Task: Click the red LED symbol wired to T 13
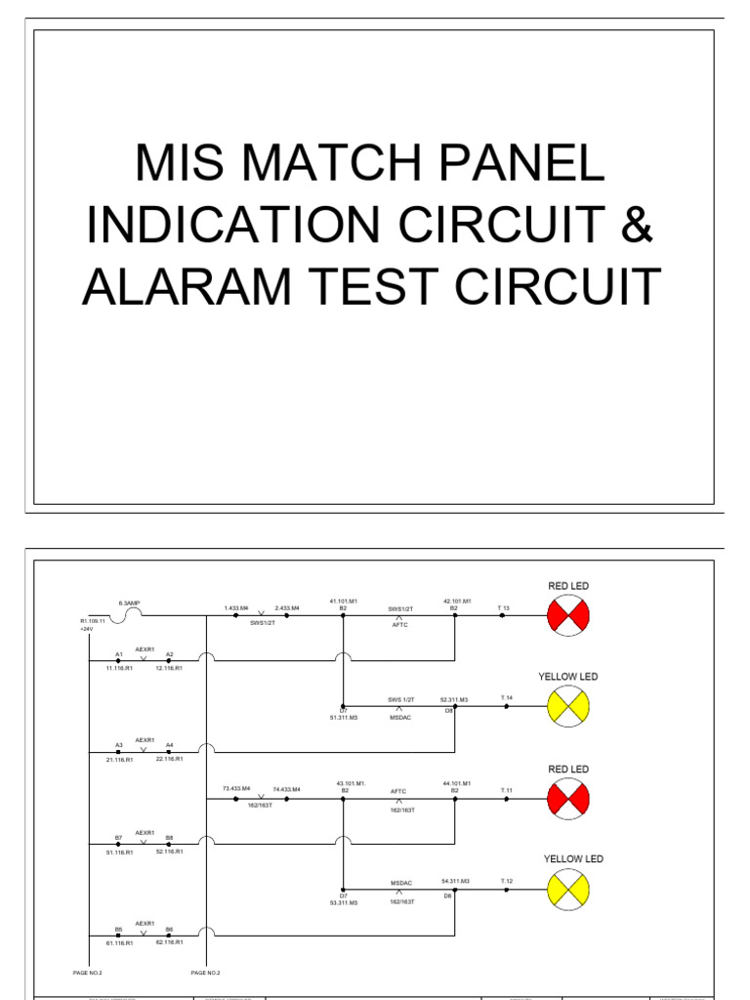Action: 567,616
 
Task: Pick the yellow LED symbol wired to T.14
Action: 567,705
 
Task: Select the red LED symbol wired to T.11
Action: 567,799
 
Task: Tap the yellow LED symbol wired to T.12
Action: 567,888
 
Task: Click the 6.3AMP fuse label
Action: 130,604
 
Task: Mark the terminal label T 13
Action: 503,607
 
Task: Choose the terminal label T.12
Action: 507,881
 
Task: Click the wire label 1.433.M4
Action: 235,607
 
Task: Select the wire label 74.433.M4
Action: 287,788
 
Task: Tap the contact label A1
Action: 119,654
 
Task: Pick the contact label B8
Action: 169,838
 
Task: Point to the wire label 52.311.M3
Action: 455,699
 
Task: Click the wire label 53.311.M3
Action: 344,903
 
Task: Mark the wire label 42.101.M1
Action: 457,601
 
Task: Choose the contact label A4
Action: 169,745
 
